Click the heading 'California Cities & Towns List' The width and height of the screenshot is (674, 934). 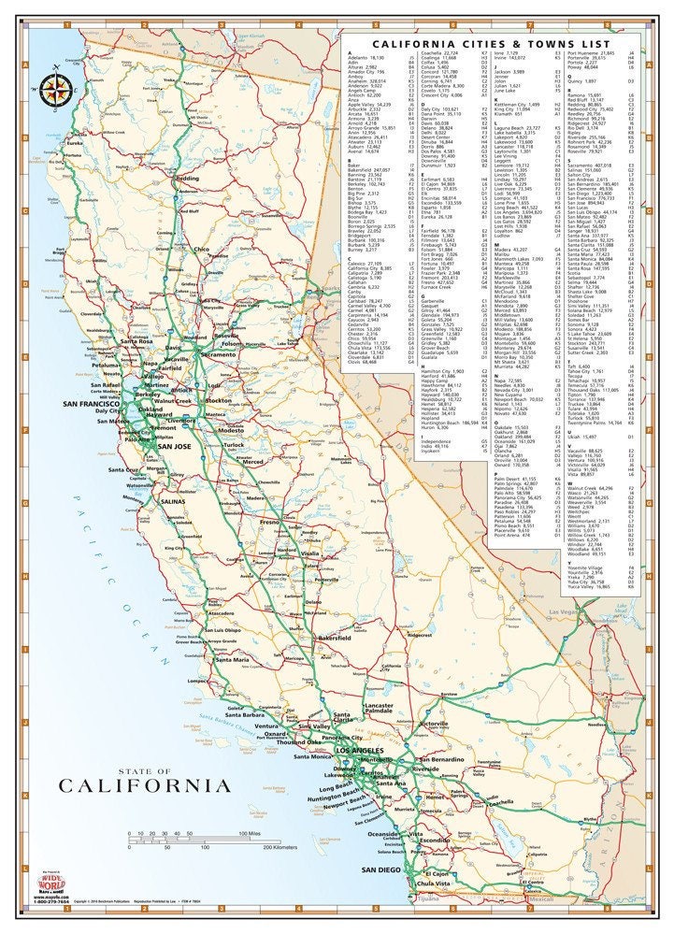pos(489,43)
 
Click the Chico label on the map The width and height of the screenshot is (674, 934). pos(201,251)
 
